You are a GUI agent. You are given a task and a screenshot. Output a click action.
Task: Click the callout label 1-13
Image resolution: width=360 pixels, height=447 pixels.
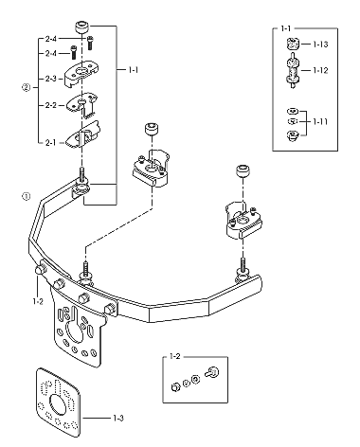click(320, 45)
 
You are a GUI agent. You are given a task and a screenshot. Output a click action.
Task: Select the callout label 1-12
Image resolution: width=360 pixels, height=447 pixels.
click(320, 70)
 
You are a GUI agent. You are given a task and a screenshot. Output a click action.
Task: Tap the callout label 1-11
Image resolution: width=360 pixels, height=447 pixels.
click(320, 121)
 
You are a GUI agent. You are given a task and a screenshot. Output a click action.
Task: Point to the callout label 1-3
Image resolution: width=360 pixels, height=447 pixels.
click(118, 419)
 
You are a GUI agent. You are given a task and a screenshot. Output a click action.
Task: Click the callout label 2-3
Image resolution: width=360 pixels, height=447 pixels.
click(50, 79)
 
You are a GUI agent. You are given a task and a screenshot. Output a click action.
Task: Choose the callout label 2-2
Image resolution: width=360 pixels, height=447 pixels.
click(50, 105)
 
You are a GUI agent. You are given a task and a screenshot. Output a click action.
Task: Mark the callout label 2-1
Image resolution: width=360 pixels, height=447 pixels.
click(50, 143)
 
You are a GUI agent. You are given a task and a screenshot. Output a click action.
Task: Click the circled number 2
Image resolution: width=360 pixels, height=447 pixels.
click(27, 87)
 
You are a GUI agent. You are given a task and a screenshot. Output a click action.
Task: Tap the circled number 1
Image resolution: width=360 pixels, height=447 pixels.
click(27, 196)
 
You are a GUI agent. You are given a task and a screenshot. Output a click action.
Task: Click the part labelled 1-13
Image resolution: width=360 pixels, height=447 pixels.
click(293, 44)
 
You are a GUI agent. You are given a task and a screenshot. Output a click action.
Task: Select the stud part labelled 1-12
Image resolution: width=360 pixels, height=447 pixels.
click(293, 70)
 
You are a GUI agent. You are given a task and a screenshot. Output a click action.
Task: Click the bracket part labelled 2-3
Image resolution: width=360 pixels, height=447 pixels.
click(81, 75)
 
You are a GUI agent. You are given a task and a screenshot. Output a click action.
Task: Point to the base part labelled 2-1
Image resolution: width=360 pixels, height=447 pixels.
click(82, 134)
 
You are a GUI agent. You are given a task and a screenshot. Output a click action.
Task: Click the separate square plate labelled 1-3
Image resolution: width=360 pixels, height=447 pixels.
click(58, 402)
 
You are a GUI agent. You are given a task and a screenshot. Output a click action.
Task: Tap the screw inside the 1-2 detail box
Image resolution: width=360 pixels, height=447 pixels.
click(212, 371)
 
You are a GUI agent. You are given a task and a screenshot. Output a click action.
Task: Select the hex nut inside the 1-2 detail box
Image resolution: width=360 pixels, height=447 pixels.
click(175, 386)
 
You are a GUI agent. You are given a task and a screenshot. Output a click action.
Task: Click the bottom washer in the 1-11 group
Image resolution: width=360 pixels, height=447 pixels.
click(293, 135)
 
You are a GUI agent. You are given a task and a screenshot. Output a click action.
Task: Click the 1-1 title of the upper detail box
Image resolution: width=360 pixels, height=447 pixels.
click(285, 28)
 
